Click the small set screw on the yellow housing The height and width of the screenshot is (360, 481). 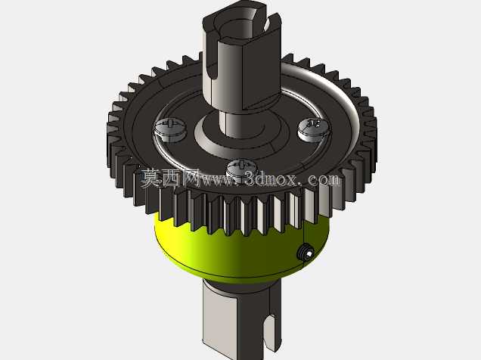(306, 252)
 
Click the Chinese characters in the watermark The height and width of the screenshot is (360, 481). (169, 178)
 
